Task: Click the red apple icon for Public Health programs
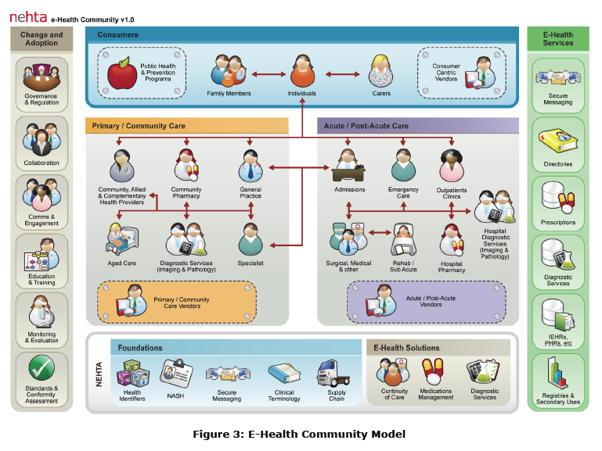pos(121,73)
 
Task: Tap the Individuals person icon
pos(302,73)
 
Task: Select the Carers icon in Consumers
pos(381,71)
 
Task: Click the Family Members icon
pos(229,72)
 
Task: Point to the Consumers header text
pos(118,35)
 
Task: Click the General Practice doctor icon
pos(251,166)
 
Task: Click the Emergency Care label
pos(403,193)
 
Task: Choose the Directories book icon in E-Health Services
pos(557,143)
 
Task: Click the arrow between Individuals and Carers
pos(342,75)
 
